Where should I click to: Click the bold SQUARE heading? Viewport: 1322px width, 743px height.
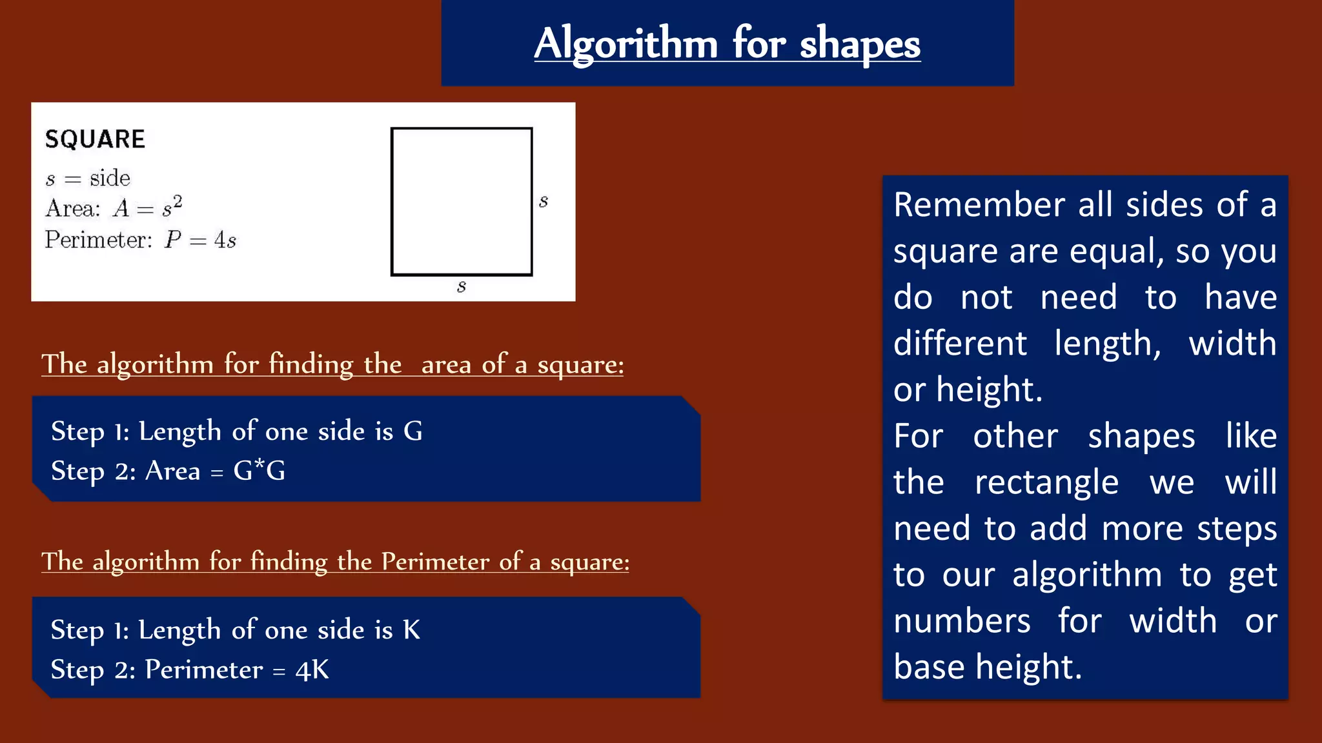95,139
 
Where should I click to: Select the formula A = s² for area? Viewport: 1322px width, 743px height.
148,208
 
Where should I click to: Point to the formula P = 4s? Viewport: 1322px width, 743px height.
200,240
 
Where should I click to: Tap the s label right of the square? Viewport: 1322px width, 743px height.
544,201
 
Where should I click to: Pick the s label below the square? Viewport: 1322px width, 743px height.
461,286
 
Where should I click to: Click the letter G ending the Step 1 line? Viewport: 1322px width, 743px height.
413,431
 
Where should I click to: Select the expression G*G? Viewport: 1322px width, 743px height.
259,471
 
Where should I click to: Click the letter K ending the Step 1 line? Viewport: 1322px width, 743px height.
412,629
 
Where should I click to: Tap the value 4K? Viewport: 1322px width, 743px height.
312,669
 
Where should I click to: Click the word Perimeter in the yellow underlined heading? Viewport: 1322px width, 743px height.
435,561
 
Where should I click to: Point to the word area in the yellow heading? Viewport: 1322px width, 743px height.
447,364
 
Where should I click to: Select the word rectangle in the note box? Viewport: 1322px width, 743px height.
1046,482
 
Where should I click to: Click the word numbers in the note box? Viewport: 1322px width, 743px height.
962,621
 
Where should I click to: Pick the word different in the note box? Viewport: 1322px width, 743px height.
960,343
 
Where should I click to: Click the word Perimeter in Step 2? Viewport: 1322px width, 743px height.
204,669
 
